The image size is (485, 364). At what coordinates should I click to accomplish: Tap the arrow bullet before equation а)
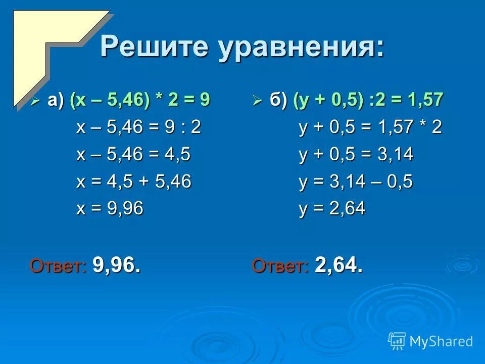click(x=35, y=101)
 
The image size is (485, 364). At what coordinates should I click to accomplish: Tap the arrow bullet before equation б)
click(x=257, y=101)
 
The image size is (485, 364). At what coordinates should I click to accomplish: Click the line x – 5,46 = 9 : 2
click(x=138, y=127)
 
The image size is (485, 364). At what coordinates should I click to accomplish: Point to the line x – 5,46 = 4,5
click(x=133, y=154)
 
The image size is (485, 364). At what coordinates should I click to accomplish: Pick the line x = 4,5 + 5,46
click(x=133, y=181)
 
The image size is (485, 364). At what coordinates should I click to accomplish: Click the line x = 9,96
click(x=110, y=208)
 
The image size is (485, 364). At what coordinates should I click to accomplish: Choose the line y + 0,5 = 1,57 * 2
click(x=370, y=127)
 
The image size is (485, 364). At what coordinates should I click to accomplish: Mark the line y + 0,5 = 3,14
click(x=356, y=154)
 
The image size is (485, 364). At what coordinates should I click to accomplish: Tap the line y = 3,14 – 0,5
click(x=355, y=181)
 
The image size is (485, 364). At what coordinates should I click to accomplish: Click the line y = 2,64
click(x=331, y=208)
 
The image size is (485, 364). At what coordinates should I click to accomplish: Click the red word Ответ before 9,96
click(x=59, y=265)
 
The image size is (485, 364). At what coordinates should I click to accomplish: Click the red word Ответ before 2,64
click(x=280, y=265)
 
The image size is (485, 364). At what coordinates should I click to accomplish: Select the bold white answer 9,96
click(x=117, y=264)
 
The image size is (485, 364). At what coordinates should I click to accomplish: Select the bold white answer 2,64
click(x=338, y=264)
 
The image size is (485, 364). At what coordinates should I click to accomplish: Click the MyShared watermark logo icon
click(x=397, y=341)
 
